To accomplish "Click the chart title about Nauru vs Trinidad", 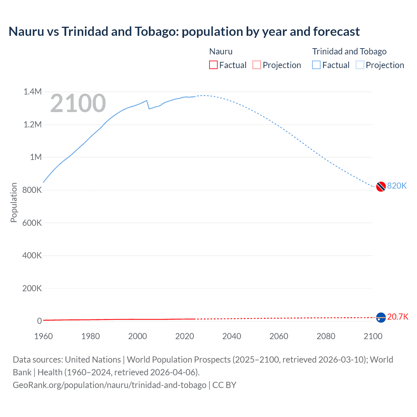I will pos(184,32).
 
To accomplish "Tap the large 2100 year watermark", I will pos(78,103).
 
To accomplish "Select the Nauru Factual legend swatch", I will pos(213,65).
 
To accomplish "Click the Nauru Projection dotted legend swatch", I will pos(257,65).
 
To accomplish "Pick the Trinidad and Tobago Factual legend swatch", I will pos(316,65).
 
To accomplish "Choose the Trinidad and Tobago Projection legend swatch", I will pos(360,65).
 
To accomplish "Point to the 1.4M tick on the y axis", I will pos(33,92).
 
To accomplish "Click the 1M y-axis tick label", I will pos(36,157).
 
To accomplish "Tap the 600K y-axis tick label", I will pos(32,223).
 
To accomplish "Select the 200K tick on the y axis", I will pos(32,288).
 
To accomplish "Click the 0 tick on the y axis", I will pos(39,321).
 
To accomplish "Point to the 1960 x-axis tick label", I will pos(43,336).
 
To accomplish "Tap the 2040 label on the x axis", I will pos(232,336).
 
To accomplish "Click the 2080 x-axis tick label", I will pos(326,336).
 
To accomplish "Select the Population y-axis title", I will pos(14,202).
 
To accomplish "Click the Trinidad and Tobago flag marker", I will pos(381,187).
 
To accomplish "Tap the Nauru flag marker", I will pos(381,317).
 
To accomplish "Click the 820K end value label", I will pos(397,186).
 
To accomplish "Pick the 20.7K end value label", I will pos(397,317).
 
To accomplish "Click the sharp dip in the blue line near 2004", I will pos(149,108).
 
